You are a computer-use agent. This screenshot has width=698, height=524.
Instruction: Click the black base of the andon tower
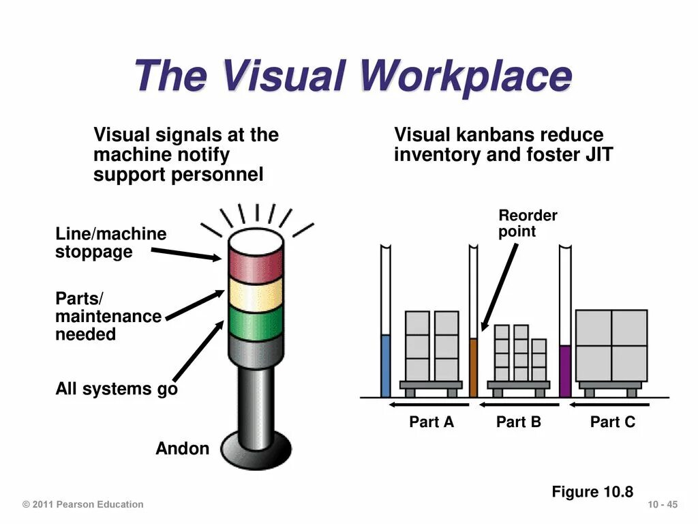[x=256, y=452]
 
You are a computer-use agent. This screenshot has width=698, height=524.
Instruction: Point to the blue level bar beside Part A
[x=385, y=366]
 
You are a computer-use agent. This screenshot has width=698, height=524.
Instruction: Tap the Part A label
[x=431, y=422]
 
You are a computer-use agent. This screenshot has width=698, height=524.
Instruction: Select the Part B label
[x=518, y=422]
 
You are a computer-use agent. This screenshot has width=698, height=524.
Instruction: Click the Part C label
[x=612, y=422]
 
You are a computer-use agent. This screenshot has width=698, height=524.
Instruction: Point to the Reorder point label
[x=528, y=224]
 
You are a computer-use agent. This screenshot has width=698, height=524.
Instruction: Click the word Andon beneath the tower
[x=182, y=449]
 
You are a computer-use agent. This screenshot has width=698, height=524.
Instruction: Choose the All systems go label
[x=116, y=390]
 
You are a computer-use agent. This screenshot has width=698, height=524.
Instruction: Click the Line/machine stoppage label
[x=110, y=243]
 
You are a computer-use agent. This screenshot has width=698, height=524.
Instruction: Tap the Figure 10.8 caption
[x=592, y=492]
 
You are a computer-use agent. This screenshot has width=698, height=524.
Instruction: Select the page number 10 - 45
[x=663, y=505]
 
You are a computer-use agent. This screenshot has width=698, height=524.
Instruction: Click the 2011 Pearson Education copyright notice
[x=83, y=505]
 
